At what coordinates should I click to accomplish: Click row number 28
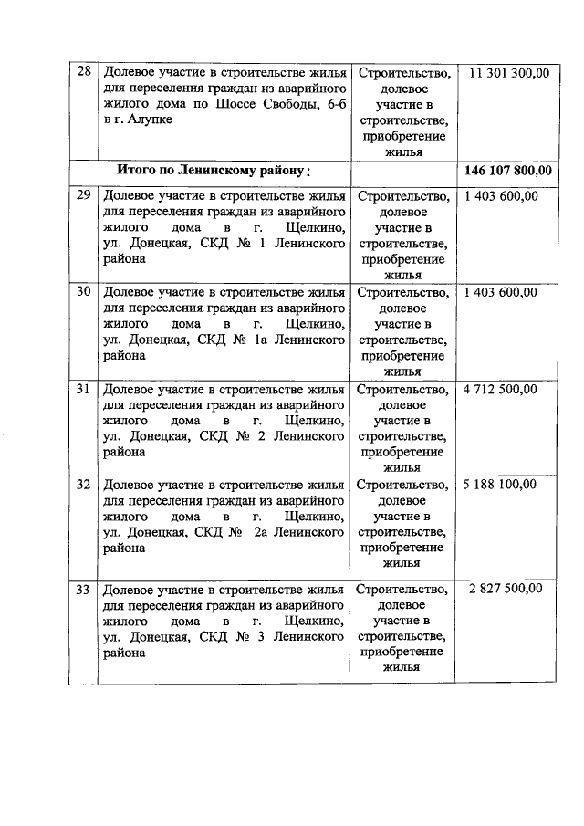[83, 72]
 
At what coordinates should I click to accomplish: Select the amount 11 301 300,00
[509, 72]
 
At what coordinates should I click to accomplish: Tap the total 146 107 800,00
[508, 171]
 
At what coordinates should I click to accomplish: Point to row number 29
[83, 195]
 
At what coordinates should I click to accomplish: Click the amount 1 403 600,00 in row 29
[501, 195]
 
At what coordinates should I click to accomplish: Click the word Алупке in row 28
[149, 120]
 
